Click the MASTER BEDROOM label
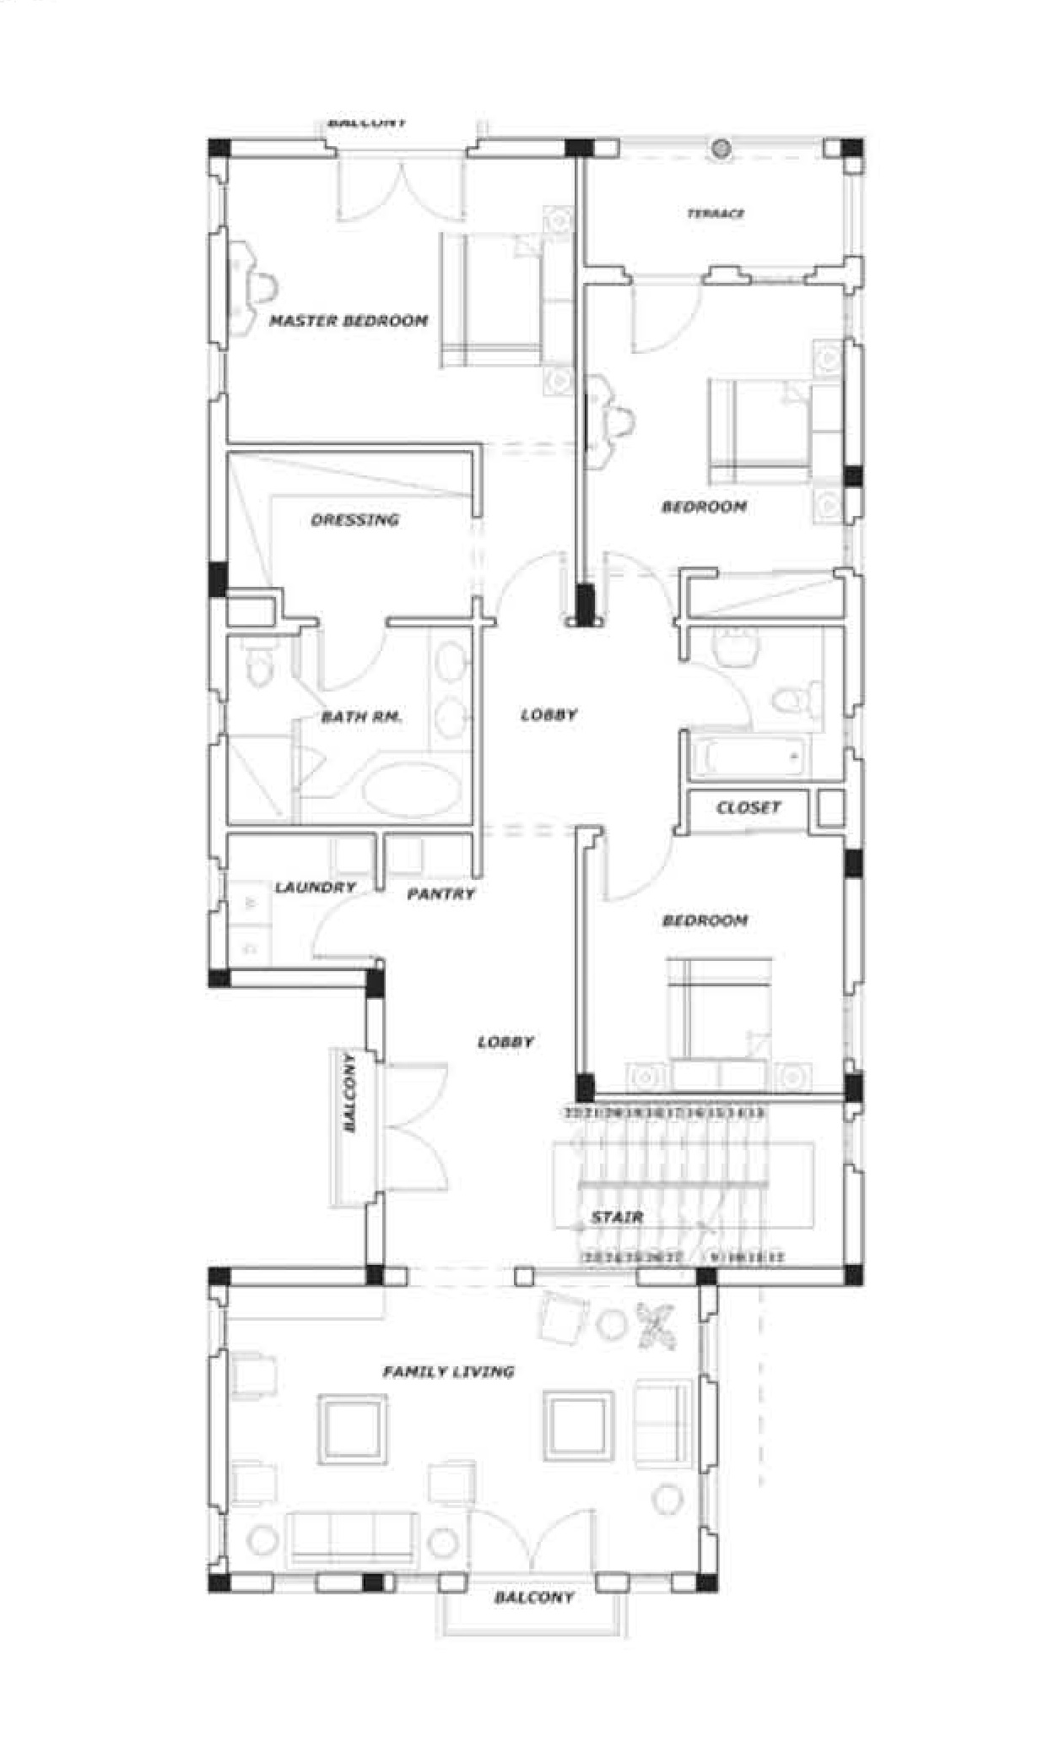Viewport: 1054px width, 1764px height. tap(349, 321)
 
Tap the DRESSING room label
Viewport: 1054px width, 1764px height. tap(354, 520)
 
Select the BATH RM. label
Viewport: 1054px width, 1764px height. tap(361, 718)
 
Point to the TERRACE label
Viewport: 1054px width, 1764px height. tap(716, 214)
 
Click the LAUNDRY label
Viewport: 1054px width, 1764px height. tap(315, 887)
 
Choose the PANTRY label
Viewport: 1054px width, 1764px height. tap(441, 893)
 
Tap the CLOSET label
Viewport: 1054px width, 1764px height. tap(749, 807)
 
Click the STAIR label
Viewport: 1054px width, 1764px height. tap(617, 1217)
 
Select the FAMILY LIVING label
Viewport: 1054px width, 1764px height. tap(448, 1371)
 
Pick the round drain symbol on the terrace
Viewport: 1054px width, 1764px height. tap(720, 149)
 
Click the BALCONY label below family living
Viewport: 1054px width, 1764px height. tap(533, 1598)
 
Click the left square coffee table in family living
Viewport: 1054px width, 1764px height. tap(353, 1428)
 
